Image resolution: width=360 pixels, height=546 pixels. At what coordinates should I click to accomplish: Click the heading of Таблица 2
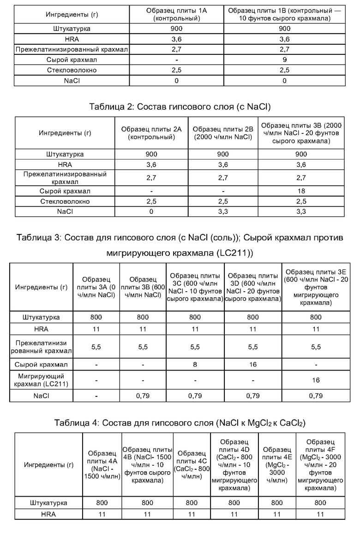coord(180,107)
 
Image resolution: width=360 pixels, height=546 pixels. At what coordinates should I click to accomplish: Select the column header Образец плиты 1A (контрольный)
coord(176,15)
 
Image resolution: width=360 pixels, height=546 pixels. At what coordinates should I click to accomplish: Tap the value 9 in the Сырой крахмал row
coord(284,60)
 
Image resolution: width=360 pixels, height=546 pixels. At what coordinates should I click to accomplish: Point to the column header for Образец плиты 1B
coord(284,15)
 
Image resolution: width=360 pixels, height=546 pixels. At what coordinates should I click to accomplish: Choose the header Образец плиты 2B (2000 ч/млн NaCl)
coord(223,133)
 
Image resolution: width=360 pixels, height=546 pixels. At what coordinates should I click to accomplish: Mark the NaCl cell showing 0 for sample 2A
coord(151,212)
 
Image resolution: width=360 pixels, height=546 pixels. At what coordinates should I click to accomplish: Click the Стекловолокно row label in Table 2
coord(65,202)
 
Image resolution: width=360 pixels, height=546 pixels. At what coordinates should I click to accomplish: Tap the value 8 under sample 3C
coord(195,364)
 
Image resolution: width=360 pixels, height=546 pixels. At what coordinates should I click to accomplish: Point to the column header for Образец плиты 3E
coord(316,287)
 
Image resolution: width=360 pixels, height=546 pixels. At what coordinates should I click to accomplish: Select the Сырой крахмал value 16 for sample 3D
coord(252,364)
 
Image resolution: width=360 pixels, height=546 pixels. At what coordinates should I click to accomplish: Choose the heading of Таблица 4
coord(180,423)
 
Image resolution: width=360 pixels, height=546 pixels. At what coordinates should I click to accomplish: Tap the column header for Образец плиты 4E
coord(277,464)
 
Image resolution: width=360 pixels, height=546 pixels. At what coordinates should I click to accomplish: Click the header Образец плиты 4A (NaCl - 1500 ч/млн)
coord(102,464)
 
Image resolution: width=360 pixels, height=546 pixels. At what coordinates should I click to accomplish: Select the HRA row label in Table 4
coord(48,514)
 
